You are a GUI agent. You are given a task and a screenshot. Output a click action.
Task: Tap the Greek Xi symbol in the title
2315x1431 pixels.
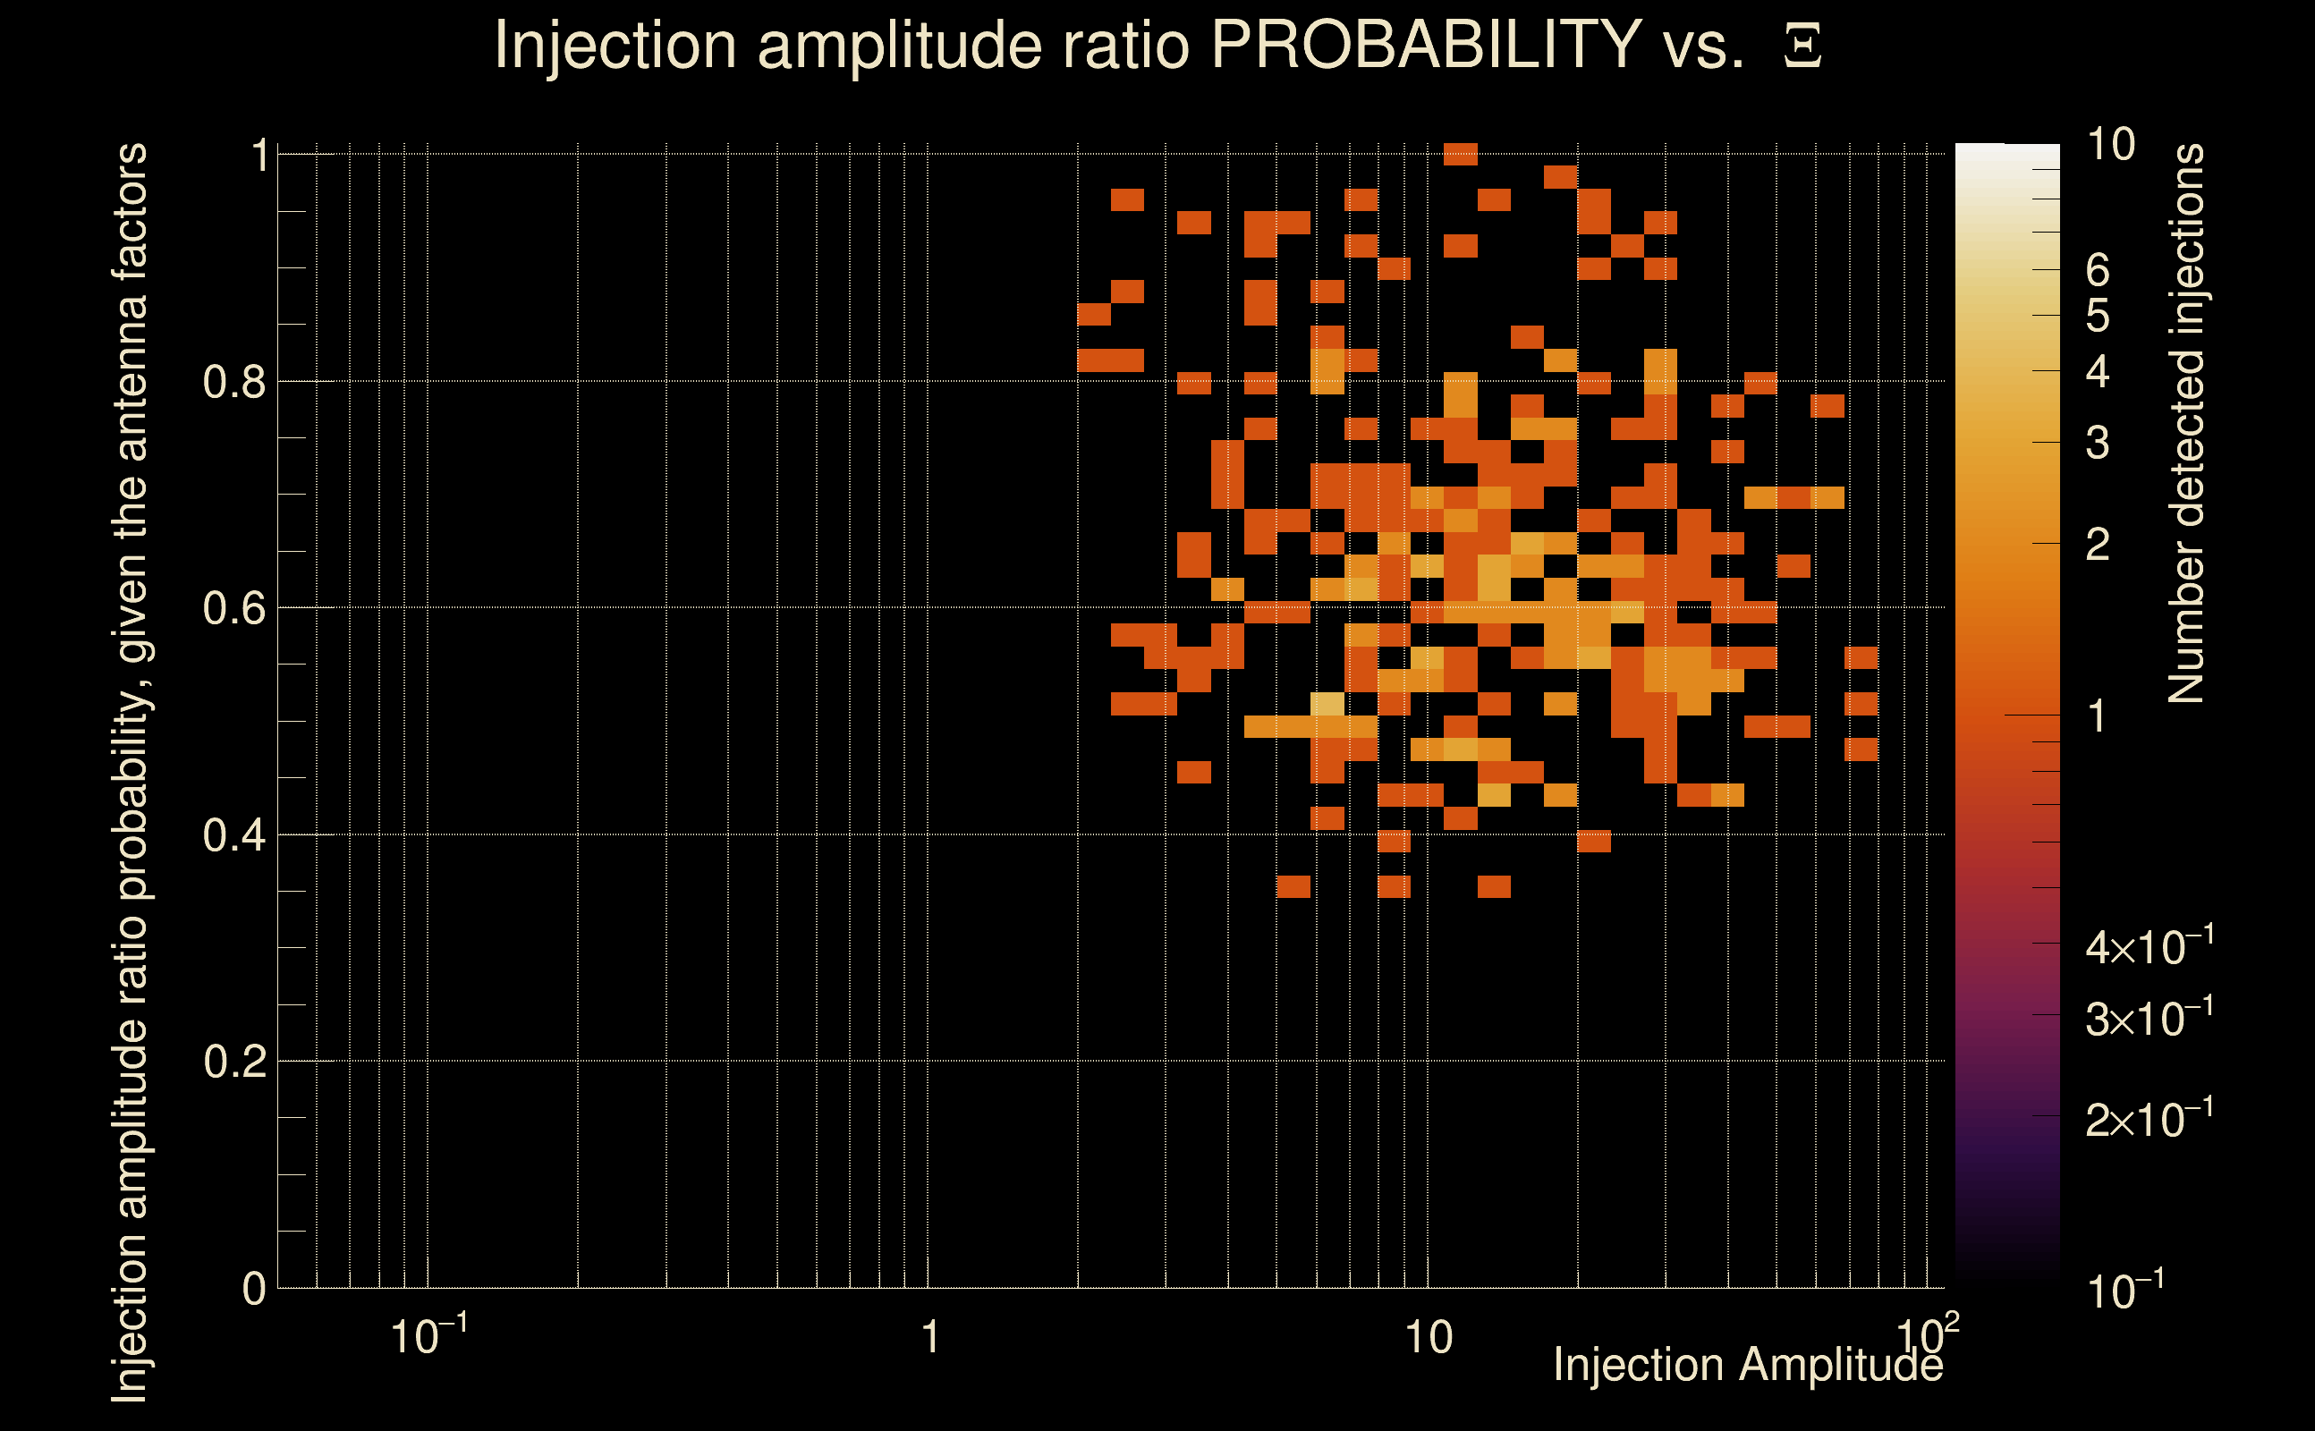1802,46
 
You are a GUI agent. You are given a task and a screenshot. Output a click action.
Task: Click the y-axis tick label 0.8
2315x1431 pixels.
233,383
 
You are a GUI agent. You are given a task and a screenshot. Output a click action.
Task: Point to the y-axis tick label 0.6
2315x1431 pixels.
233,608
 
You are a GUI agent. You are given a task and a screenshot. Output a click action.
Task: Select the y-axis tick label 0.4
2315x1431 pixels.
233,835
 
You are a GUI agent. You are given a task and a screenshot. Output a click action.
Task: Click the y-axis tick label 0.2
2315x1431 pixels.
233,1062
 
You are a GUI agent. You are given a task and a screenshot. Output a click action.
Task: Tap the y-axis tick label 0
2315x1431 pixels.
254,1289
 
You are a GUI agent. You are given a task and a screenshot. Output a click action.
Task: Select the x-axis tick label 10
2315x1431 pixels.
1428,1338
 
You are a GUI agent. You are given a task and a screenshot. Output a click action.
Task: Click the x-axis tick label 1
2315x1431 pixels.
930,1338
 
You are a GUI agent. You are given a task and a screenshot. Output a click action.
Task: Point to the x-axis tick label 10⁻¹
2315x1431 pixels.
428,1336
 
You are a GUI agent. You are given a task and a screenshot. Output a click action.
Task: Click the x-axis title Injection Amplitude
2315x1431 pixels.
1748,1365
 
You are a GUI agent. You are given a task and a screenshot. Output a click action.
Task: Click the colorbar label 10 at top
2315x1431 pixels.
2110,145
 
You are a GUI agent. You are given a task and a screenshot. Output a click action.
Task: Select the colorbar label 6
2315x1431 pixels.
2098,271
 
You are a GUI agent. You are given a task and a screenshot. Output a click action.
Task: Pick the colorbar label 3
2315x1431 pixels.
2098,443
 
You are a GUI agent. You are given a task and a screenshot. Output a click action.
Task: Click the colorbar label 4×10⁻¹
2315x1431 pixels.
2150,947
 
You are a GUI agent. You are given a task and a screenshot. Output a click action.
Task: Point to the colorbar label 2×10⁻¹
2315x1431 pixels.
2150,1120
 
